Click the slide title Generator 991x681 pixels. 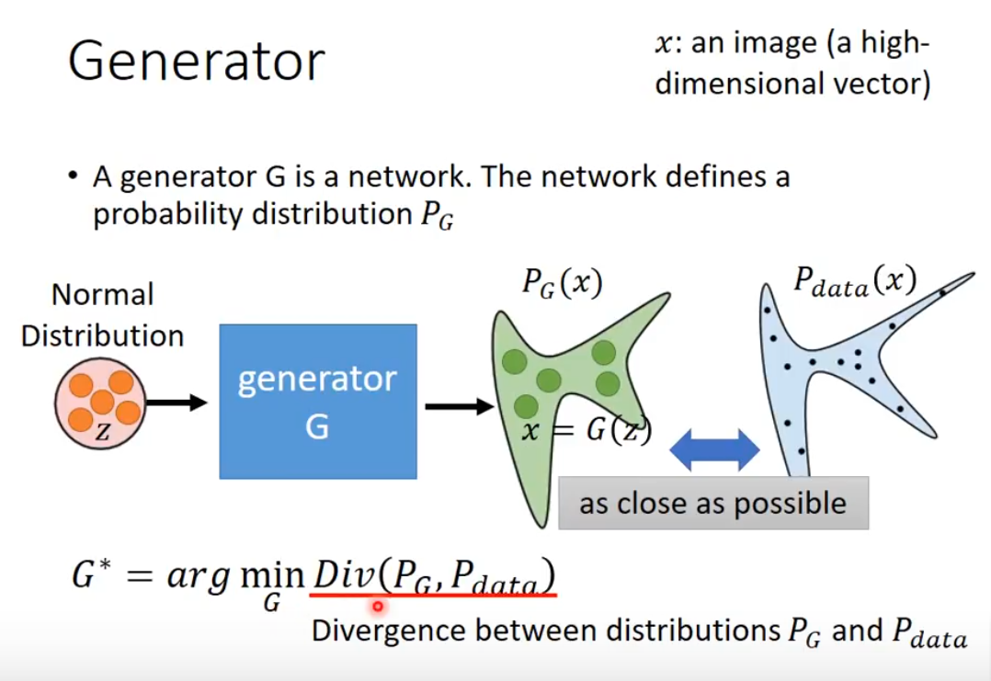click(197, 62)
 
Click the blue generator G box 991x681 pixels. click(317, 402)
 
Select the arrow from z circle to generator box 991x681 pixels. click(177, 402)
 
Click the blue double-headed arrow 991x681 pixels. click(714, 452)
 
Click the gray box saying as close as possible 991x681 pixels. click(712, 503)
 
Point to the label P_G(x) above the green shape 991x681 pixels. click(562, 284)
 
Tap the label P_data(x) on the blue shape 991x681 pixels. click(855, 280)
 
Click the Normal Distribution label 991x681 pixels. click(102, 315)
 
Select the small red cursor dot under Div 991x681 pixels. click(377, 607)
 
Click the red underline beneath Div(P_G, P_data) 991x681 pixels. click(432, 595)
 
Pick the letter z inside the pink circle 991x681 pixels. click(101, 433)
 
